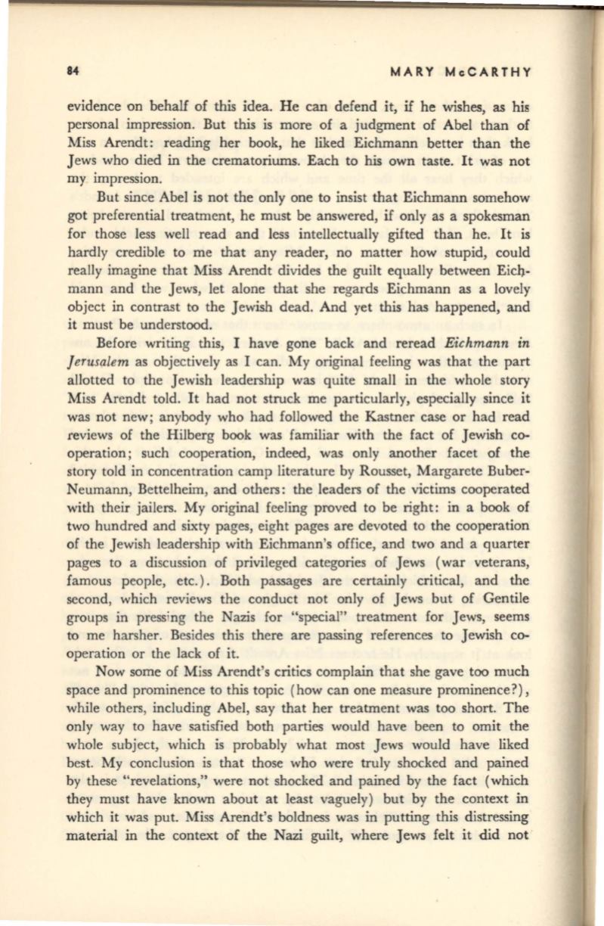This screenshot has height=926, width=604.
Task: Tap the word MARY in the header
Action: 410,72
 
